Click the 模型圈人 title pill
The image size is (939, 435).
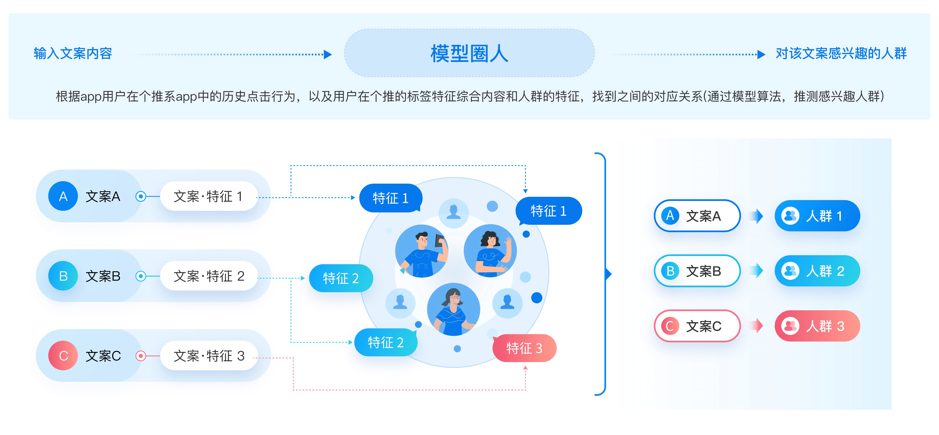[469, 53]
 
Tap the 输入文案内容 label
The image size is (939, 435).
[73, 53]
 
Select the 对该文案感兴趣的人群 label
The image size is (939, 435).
[841, 53]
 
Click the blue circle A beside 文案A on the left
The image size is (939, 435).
[63, 196]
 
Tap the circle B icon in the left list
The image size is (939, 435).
[63, 276]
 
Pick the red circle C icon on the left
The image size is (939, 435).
[63, 356]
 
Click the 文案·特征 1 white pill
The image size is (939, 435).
[209, 196]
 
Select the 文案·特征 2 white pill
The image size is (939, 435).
[209, 276]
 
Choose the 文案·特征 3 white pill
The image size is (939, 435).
[209, 356]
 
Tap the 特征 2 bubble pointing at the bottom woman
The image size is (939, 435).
[386, 342]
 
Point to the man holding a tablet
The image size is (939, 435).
[422, 251]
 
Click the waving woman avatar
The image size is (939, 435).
[490, 251]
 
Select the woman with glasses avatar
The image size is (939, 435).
[454, 309]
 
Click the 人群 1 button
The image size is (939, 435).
[817, 216]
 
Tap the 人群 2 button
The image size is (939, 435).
[817, 271]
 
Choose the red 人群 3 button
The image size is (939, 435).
[817, 326]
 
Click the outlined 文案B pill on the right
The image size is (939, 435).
[697, 271]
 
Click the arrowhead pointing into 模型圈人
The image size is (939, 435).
[328, 54]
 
